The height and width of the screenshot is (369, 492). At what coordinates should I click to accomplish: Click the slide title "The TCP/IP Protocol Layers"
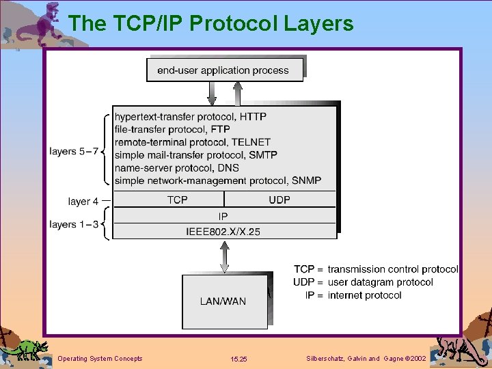211,23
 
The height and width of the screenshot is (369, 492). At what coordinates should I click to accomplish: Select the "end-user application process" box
223,70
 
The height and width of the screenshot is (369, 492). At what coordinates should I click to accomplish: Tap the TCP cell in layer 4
178,200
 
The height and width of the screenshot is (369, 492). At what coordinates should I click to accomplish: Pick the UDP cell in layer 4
279,200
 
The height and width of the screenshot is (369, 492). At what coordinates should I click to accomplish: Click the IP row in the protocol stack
223,216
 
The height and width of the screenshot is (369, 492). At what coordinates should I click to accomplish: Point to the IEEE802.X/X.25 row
223,232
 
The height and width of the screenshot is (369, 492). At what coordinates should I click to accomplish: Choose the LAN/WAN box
223,301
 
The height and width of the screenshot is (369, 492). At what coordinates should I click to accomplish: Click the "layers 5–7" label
73,151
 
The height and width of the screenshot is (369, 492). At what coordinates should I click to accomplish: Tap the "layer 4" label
84,201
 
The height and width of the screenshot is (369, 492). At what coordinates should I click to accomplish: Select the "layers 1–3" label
73,224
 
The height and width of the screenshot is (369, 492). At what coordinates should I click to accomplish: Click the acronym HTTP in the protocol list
253,117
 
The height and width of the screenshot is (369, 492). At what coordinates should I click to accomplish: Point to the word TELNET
250,142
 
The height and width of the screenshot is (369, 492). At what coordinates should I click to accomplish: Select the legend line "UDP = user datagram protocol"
363,282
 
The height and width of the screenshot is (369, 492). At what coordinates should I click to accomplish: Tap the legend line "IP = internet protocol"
353,295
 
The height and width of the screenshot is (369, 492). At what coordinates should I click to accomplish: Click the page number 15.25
239,359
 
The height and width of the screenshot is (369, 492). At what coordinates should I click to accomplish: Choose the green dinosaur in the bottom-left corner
26,349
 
